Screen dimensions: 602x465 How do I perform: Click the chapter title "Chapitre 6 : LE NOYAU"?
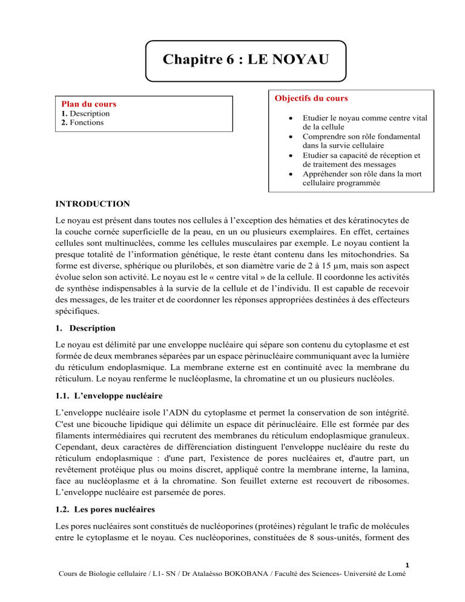click(x=246, y=61)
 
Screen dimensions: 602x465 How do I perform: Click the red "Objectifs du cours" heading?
click(x=312, y=98)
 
